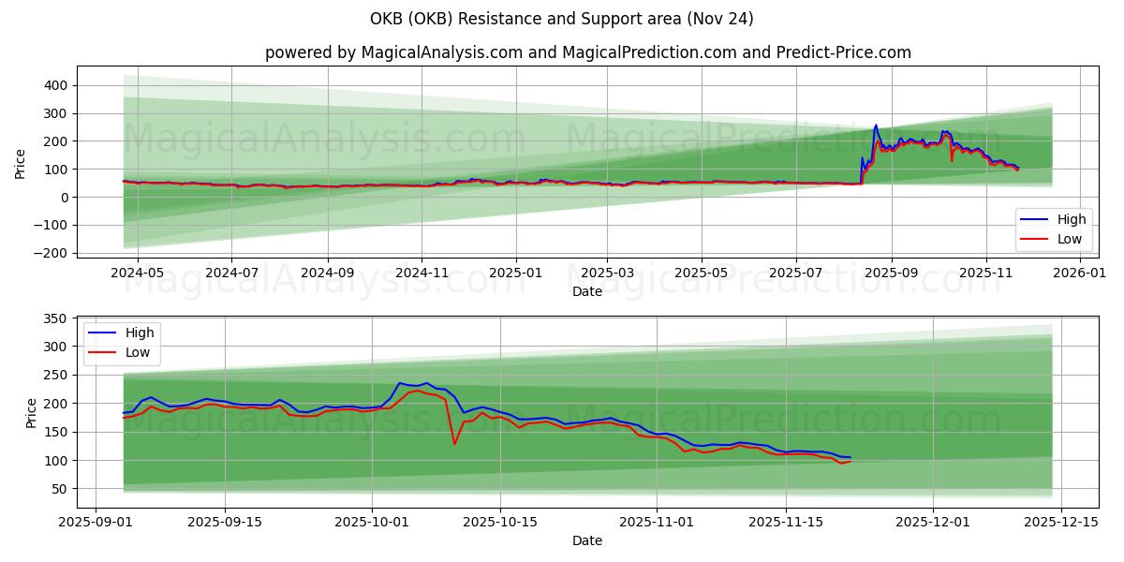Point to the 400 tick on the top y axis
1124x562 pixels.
[x=55, y=85]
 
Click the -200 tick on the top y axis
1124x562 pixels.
[x=52, y=253]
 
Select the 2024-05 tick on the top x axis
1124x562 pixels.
[x=138, y=273]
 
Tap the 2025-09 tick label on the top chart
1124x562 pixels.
[x=891, y=273]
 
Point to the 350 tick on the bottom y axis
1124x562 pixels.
[x=55, y=318]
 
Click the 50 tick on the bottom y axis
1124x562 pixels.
[x=59, y=489]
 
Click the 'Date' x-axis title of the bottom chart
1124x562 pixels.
[x=587, y=541]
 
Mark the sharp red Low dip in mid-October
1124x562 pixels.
[x=454, y=443]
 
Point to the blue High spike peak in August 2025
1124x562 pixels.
[x=876, y=126]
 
